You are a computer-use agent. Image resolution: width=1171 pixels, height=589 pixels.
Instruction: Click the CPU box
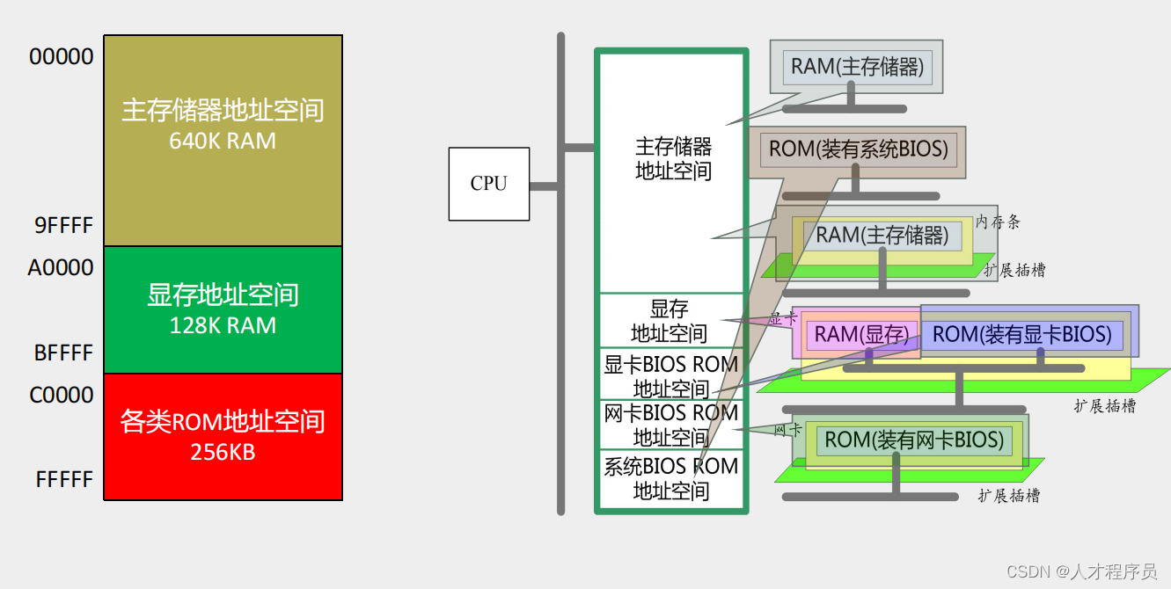point(488,184)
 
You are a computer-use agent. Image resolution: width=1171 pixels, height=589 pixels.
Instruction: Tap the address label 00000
point(62,57)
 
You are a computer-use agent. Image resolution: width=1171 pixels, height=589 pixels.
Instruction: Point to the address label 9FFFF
point(63,226)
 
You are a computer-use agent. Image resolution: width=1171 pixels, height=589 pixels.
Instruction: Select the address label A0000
point(61,268)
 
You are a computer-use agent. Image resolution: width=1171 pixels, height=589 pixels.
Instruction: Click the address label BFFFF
point(63,353)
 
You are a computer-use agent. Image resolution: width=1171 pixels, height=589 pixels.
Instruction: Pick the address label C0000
point(62,395)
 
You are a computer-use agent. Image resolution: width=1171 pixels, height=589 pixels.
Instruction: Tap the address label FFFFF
point(64,479)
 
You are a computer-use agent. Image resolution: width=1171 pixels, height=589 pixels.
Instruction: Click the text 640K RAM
point(223,141)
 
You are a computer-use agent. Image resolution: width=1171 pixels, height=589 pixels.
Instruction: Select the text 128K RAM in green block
point(223,325)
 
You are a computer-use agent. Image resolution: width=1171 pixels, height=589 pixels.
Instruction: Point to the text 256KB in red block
point(223,452)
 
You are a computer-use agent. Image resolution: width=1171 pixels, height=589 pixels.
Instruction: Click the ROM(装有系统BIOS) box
point(858,149)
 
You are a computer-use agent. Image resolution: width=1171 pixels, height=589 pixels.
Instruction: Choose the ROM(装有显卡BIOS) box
point(1021,335)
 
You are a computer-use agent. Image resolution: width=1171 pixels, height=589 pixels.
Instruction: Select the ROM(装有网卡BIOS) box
point(913,440)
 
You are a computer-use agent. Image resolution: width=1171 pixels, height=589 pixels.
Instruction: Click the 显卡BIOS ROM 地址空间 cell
point(671,375)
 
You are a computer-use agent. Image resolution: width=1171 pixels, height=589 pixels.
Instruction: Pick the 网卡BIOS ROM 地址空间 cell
point(671,425)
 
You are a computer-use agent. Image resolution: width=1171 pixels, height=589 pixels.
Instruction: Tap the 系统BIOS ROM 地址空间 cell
point(671,478)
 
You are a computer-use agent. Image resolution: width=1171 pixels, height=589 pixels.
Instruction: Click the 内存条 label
point(997,222)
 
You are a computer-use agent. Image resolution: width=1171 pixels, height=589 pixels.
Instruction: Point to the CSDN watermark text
point(1080,571)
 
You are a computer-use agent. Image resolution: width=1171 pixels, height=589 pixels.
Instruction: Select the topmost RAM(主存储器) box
point(857,67)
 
